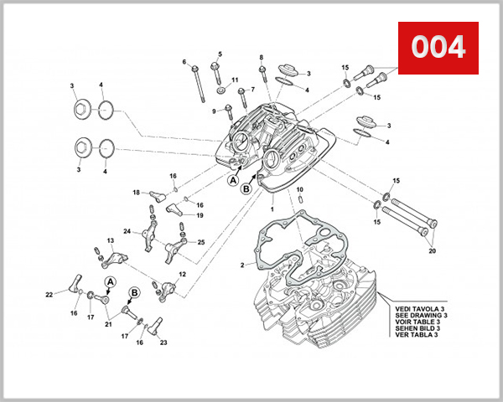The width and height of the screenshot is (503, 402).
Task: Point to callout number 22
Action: pyautogui.click(x=49, y=294)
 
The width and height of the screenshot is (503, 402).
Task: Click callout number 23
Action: pyautogui.click(x=163, y=343)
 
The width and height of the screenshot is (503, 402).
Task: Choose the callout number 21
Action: pyautogui.click(x=106, y=324)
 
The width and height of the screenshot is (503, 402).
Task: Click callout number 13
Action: pyautogui.click(x=109, y=241)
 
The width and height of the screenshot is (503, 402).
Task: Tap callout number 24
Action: pyautogui.click(x=127, y=231)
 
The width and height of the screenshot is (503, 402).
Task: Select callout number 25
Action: pyautogui.click(x=200, y=242)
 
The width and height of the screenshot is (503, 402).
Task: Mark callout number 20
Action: pyautogui.click(x=433, y=250)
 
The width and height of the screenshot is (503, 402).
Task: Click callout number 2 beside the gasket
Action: pyautogui.click(x=241, y=265)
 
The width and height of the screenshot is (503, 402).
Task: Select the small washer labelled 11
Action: pyautogui.click(x=220, y=90)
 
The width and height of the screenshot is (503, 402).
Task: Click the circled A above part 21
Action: pyautogui.click(x=109, y=282)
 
